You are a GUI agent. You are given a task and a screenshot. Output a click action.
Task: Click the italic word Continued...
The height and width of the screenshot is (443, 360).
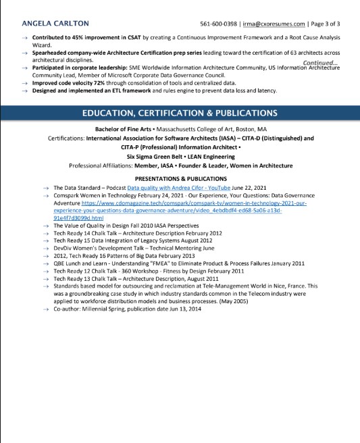pyautogui.click(x=320, y=62)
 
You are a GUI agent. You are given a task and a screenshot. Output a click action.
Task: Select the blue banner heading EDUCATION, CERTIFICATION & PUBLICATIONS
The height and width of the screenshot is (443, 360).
pyautogui.click(x=179, y=112)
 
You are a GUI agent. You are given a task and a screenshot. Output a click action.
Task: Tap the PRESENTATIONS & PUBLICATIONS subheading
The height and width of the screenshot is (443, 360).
pyautogui.click(x=179, y=178)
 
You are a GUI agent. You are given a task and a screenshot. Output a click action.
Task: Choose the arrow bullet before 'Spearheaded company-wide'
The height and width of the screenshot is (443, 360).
pyautogui.click(x=25, y=52)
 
